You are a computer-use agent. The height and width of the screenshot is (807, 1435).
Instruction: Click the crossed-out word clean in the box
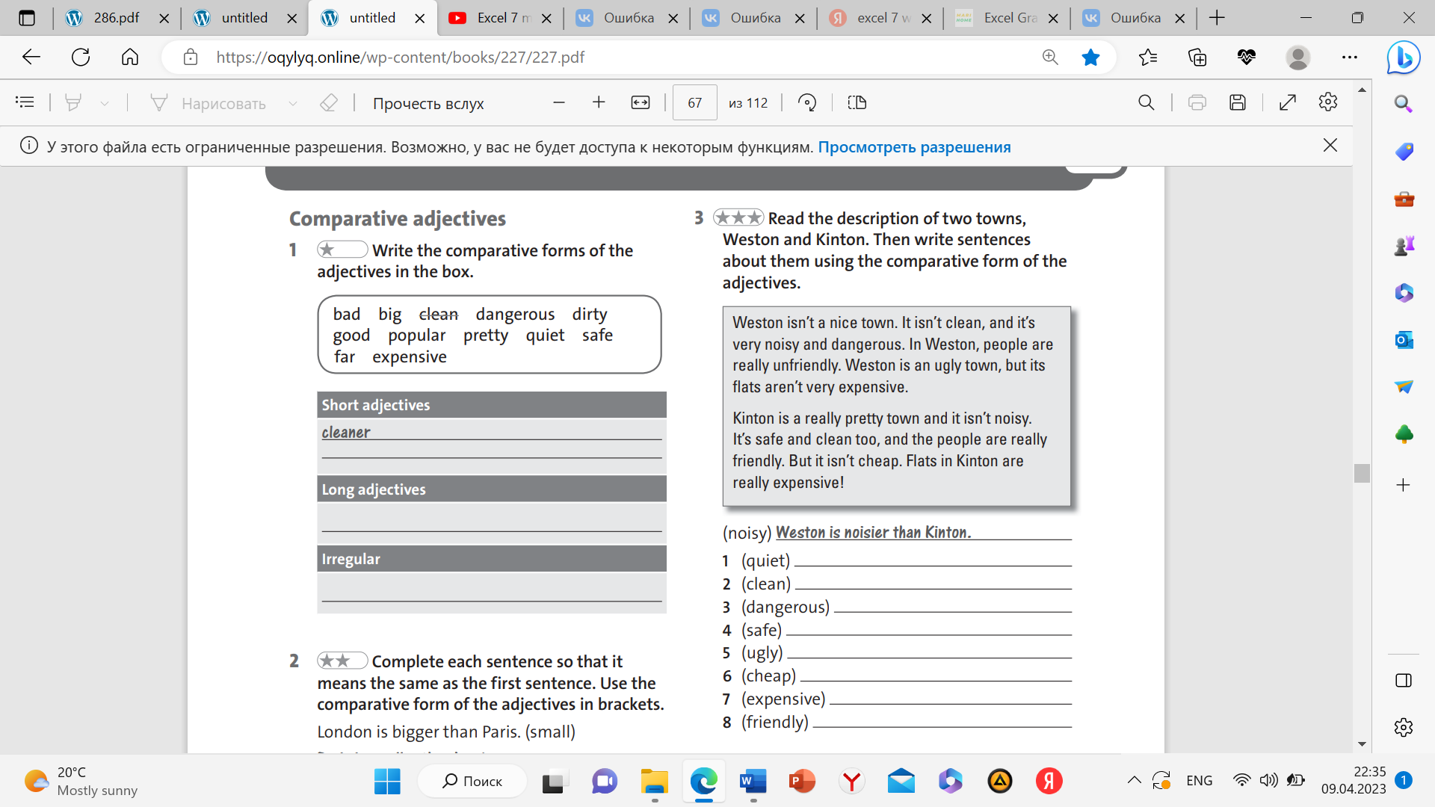(x=438, y=314)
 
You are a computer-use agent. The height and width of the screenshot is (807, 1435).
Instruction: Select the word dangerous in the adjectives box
(x=515, y=314)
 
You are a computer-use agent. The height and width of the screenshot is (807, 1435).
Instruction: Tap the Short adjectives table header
(x=376, y=405)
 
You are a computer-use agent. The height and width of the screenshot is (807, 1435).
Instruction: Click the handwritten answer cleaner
(x=346, y=432)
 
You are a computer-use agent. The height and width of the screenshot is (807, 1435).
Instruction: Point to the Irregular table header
(x=351, y=559)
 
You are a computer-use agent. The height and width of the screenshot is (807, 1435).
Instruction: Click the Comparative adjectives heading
(x=398, y=218)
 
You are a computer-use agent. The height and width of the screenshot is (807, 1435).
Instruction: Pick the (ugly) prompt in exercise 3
(x=762, y=652)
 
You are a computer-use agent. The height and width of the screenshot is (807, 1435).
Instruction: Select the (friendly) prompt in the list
(x=774, y=722)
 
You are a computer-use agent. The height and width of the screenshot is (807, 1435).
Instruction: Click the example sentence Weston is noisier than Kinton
(x=873, y=532)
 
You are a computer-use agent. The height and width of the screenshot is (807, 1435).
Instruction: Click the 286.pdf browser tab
(x=117, y=18)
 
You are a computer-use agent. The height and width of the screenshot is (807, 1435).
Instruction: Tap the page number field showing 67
(x=694, y=103)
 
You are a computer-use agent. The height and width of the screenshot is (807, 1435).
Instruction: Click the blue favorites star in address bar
(x=1090, y=57)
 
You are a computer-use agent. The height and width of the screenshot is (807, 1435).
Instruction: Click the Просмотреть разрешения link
(x=914, y=147)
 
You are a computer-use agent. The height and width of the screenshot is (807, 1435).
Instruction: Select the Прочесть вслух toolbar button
(x=428, y=103)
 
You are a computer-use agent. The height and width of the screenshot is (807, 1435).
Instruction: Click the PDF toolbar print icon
(x=1197, y=103)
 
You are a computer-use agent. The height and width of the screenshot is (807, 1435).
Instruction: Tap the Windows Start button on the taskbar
(x=387, y=781)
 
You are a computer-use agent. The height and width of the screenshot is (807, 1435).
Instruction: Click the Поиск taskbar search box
(x=472, y=781)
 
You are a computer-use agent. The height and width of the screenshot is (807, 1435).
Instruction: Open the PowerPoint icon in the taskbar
(x=802, y=781)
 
